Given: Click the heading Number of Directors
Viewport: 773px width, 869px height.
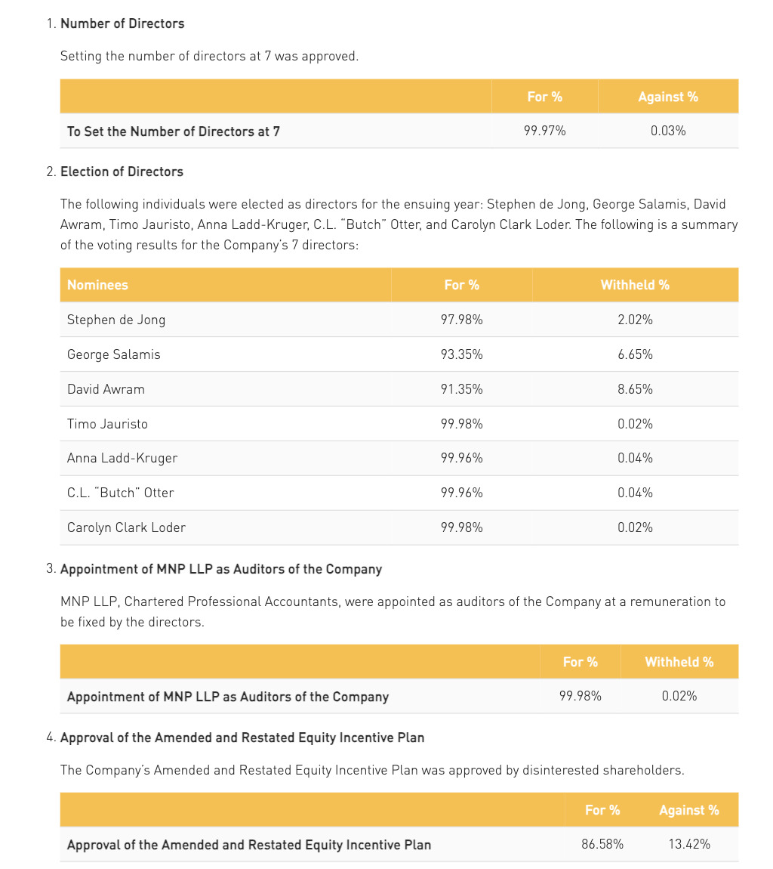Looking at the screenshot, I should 122,23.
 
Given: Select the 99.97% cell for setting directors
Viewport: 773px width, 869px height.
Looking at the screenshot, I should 544,131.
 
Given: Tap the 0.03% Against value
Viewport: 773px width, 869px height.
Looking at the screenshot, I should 667,131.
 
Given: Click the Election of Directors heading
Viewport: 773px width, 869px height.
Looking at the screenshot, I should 122,172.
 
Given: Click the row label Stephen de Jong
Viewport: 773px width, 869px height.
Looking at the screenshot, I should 115,320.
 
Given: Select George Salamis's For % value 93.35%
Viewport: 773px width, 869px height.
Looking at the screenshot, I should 461,354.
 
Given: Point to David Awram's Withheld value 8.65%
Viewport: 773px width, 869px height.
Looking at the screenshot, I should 634,389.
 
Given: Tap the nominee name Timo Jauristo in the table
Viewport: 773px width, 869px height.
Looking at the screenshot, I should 107,424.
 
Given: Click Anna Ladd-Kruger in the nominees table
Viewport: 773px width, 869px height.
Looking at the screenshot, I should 122,458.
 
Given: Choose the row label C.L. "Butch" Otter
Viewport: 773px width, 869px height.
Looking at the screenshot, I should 120,493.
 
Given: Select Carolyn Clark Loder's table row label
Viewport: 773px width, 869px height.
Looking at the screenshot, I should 126,527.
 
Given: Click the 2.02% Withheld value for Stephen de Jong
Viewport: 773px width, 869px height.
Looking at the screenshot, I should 634,320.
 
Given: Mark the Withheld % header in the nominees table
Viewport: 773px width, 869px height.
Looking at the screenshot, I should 634,285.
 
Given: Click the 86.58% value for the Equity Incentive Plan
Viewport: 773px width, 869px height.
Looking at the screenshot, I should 602,844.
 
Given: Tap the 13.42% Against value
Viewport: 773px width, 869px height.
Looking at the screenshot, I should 688,844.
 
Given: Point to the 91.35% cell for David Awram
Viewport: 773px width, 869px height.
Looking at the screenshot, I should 461,389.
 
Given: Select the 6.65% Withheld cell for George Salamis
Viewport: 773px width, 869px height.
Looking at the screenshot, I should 634,354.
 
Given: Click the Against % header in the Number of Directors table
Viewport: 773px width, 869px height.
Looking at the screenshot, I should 667,97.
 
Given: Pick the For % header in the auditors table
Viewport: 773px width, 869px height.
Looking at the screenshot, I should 580,662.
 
